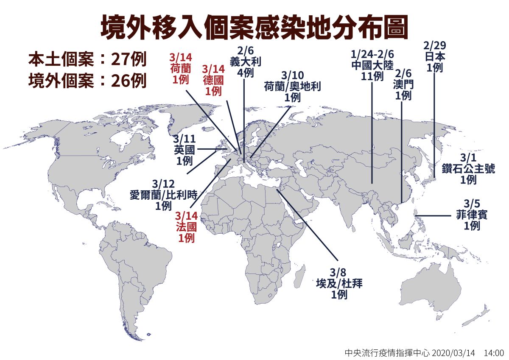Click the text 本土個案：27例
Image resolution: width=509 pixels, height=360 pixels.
click(x=87, y=59)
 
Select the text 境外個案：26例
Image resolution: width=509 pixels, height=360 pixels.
click(x=87, y=80)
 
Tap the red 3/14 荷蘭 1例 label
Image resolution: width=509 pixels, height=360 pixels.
click(x=181, y=68)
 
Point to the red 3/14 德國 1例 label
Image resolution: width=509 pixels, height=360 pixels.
click(x=213, y=80)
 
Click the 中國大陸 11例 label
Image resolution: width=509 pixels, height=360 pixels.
click(x=373, y=65)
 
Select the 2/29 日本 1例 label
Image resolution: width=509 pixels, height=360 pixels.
click(x=435, y=56)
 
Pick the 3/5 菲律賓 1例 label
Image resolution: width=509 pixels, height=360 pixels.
click(x=471, y=214)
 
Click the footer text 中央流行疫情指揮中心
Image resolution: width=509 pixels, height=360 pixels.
click(x=386, y=352)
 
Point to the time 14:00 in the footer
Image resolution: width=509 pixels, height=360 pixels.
click(x=493, y=352)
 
